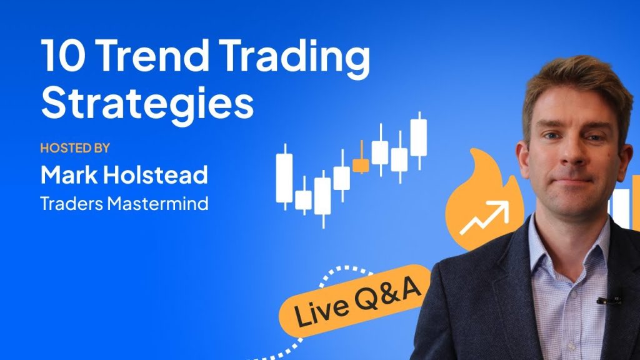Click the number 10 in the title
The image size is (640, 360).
point(63,56)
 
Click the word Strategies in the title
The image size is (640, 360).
point(147,103)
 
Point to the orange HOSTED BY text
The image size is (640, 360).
point(75,147)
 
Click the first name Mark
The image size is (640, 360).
point(69,175)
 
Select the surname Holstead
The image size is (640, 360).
point(156,175)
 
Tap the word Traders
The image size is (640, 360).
point(72,203)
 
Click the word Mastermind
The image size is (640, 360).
point(158,203)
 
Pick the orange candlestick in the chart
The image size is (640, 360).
point(361,163)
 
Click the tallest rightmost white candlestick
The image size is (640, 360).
point(419,140)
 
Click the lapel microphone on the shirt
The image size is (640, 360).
point(609,301)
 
